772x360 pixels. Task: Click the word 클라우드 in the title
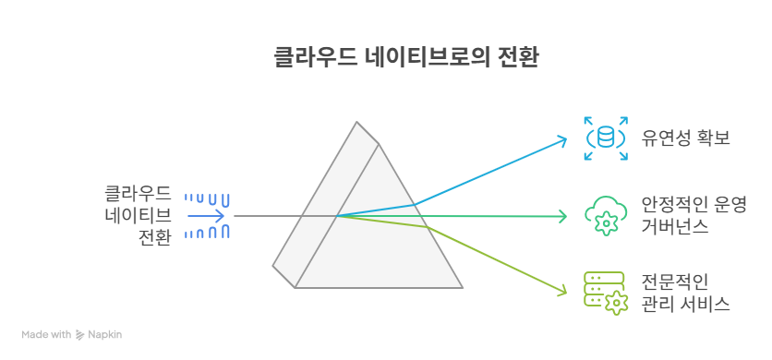click(x=315, y=58)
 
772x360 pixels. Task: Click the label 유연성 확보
click(x=685, y=138)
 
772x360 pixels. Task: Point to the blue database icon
click(x=606, y=138)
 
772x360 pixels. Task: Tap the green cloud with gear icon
click(x=606, y=216)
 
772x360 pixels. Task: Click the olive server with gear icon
click(x=606, y=294)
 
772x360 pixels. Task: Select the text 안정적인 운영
click(x=694, y=204)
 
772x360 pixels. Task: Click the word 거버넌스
click(x=675, y=226)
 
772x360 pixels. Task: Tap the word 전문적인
click(x=675, y=282)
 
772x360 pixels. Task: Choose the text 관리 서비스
click(x=685, y=305)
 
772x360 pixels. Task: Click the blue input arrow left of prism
click(x=206, y=216)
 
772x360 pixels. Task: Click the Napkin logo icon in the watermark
click(x=79, y=335)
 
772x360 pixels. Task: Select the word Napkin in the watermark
click(x=105, y=335)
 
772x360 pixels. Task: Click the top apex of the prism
click(x=357, y=122)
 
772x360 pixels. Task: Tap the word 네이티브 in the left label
click(x=139, y=216)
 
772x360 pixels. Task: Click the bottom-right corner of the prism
click(x=463, y=288)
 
